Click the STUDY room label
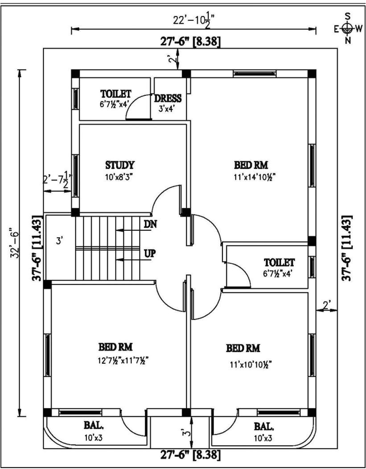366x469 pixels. (120, 165)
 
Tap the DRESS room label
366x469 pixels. (168, 98)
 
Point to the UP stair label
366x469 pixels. (150, 253)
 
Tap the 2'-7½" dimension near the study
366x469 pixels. (57, 180)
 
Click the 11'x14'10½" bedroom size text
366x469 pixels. (251, 176)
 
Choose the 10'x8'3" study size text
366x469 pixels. (119, 176)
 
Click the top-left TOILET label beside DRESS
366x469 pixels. (115, 94)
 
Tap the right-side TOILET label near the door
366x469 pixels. (279, 261)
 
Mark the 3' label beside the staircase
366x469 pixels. (59, 241)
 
